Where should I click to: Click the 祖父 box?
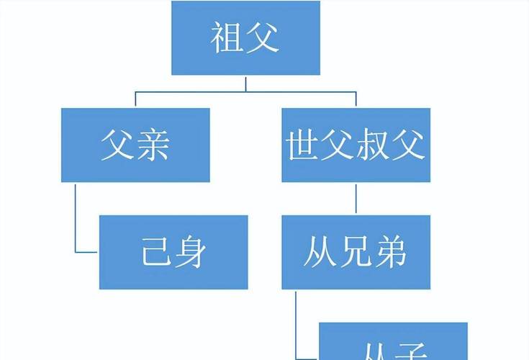pyautogui.click(x=245, y=37)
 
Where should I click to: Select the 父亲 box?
pyautogui.click(x=135, y=145)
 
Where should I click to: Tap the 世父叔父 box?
pyautogui.click(x=356, y=145)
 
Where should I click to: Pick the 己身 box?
pyautogui.click(x=173, y=252)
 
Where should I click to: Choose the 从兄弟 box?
pyautogui.click(x=356, y=252)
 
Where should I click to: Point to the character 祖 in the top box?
pyautogui.click(x=227, y=37)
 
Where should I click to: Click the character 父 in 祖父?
pyautogui.click(x=264, y=37)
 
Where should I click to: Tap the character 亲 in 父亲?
pyautogui.click(x=154, y=145)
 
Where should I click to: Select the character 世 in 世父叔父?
pyautogui.click(x=302, y=145)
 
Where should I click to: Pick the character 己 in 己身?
pyautogui.click(x=155, y=252)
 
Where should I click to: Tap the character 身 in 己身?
pyautogui.click(x=192, y=252)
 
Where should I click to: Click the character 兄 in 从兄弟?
pyautogui.click(x=356, y=252)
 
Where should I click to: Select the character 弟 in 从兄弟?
pyautogui.click(x=392, y=252)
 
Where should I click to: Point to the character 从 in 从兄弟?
pyautogui.click(x=319, y=252)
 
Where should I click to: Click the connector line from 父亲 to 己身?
pyautogui.click(x=76, y=216)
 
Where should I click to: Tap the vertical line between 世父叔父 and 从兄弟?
pyautogui.click(x=356, y=198)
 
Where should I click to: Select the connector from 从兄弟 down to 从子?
pyautogui.click(x=297, y=317)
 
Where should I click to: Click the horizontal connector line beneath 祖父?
pyautogui.click(x=245, y=91)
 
